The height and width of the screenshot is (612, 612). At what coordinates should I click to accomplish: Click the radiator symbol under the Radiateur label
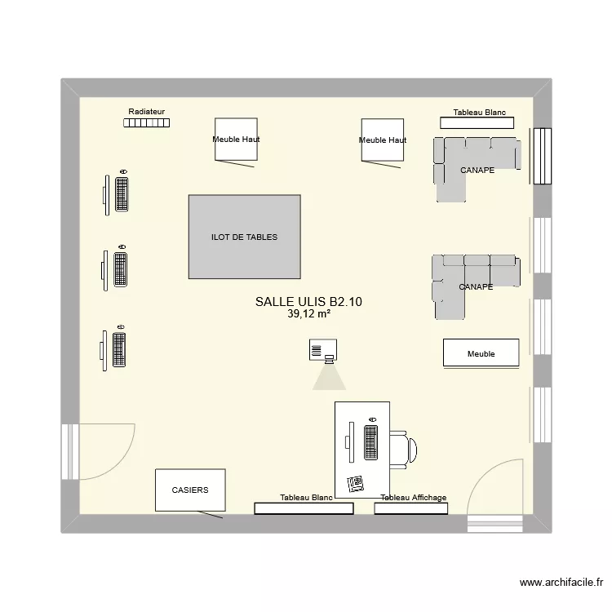(x=147, y=123)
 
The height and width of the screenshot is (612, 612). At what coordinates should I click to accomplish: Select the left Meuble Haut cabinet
(x=236, y=140)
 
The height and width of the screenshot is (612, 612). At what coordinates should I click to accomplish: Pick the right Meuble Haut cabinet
(x=383, y=140)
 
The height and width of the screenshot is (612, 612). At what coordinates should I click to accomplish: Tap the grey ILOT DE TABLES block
(x=244, y=237)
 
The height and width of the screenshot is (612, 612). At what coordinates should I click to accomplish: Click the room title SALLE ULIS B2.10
(x=308, y=302)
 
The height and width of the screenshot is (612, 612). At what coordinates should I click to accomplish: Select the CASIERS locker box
(x=189, y=490)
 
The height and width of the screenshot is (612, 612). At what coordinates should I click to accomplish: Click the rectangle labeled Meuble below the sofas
(x=481, y=353)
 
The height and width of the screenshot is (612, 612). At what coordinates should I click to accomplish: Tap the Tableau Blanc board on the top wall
(x=477, y=122)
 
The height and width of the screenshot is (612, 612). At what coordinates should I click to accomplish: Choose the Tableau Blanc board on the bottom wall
(x=304, y=508)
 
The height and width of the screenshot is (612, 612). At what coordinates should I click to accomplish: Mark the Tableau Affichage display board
(x=411, y=508)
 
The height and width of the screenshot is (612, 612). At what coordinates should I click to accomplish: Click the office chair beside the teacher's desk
(x=403, y=450)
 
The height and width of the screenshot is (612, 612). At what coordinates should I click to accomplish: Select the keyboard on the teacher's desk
(x=371, y=443)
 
